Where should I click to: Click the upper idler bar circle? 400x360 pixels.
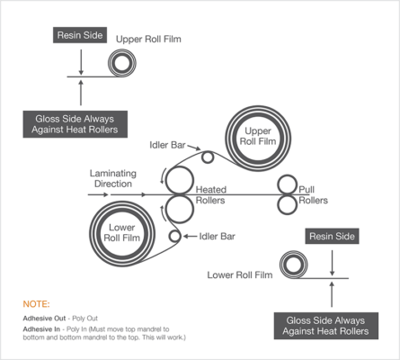click(209, 157)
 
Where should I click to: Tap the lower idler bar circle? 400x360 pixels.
click(173, 236)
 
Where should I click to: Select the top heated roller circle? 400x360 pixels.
click(179, 180)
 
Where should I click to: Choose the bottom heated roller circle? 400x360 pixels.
click(179, 209)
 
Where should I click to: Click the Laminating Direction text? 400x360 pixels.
click(112, 177)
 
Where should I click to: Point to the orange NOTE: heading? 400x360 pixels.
click(37, 304)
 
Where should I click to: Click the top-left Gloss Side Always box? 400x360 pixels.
click(81, 123)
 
